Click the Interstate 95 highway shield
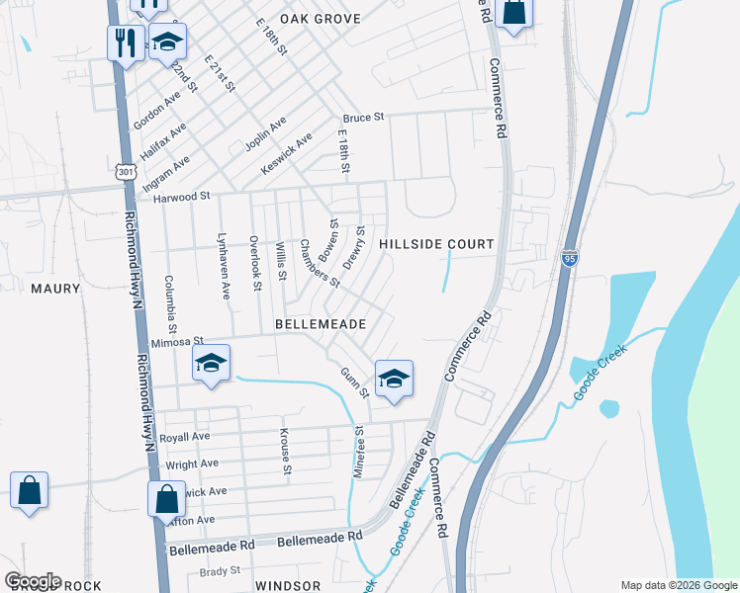pos(568,257)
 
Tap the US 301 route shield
pos(125,172)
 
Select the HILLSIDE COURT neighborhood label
pos(436,244)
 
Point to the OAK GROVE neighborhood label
pos(320,19)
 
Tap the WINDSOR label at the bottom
pos(288,586)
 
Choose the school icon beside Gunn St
pos(394,379)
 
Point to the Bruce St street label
pos(363,118)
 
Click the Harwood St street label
pos(182,197)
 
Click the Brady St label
pos(220,570)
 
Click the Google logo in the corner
pos(33,581)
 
